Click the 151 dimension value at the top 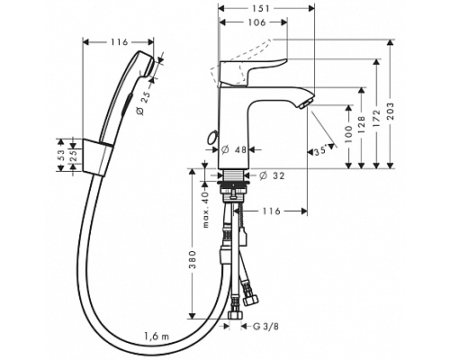pyautogui.click(x=260, y=8)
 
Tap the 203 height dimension pyautogui.click(x=390, y=111)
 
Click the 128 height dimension pyautogui.click(x=362, y=124)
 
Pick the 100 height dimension pyautogui.click(x=348, y=133)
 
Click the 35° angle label pyautogui.click(x=320, y=151)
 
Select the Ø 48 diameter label pyautogui.click(x=234, y=149)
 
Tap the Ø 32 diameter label pyautogui.click(x=272, y=175)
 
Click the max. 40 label pyautogui.click(x=205, y=210)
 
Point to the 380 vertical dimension pyautogui.click(x=193, y=259)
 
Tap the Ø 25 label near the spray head pyautogui.click(x=143, y=103)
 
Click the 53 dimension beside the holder pyautogui.click(x=61, y=155)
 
